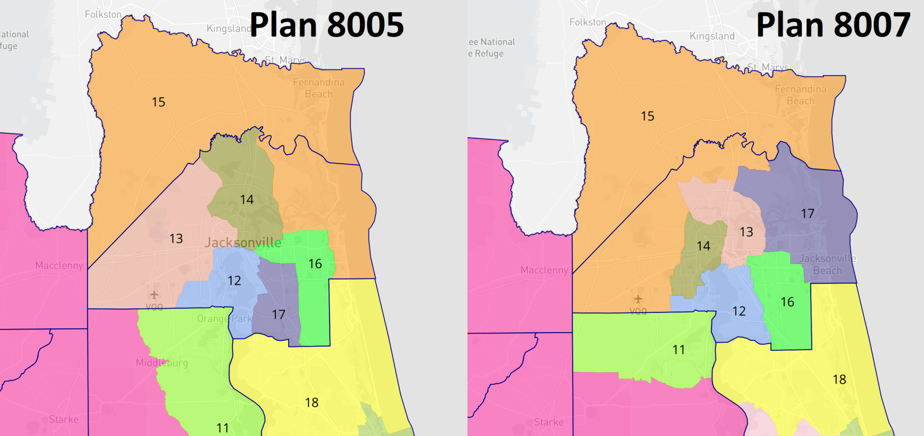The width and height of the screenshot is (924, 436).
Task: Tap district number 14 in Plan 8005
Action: (x=247, y=199)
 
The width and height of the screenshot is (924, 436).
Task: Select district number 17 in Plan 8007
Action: (x=808, y=213)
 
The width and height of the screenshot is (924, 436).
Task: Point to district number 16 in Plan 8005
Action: (x=315, y=264)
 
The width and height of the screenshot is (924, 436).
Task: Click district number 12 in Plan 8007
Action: (x=739, y=311)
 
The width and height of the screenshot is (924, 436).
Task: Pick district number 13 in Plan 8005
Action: (x=176, y=238)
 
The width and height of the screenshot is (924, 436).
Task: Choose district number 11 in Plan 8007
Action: (x=679, y=350)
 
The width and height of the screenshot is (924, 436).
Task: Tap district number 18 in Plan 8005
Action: (x=312, y=402)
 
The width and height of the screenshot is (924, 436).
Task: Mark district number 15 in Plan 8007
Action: (x=647, y=116)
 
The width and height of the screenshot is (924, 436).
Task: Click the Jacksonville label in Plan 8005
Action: (x=243, y=243)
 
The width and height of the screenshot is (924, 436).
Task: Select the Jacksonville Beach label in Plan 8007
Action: (x=827, y=264)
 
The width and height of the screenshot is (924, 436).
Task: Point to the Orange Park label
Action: (x=224, y=319)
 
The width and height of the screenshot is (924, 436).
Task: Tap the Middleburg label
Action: (x=162, y=363)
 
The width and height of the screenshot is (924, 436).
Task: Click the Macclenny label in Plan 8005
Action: (x=59, y=265)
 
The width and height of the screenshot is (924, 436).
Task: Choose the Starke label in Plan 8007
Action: (x=549, y=422)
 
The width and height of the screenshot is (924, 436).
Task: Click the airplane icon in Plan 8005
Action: (x=154, y=295)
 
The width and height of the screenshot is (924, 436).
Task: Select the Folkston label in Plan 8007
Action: (x=587, y=22)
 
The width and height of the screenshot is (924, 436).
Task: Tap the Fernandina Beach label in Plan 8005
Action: (x=319, y=88)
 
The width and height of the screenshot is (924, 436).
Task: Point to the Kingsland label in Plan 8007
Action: (x=712, y=36)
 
